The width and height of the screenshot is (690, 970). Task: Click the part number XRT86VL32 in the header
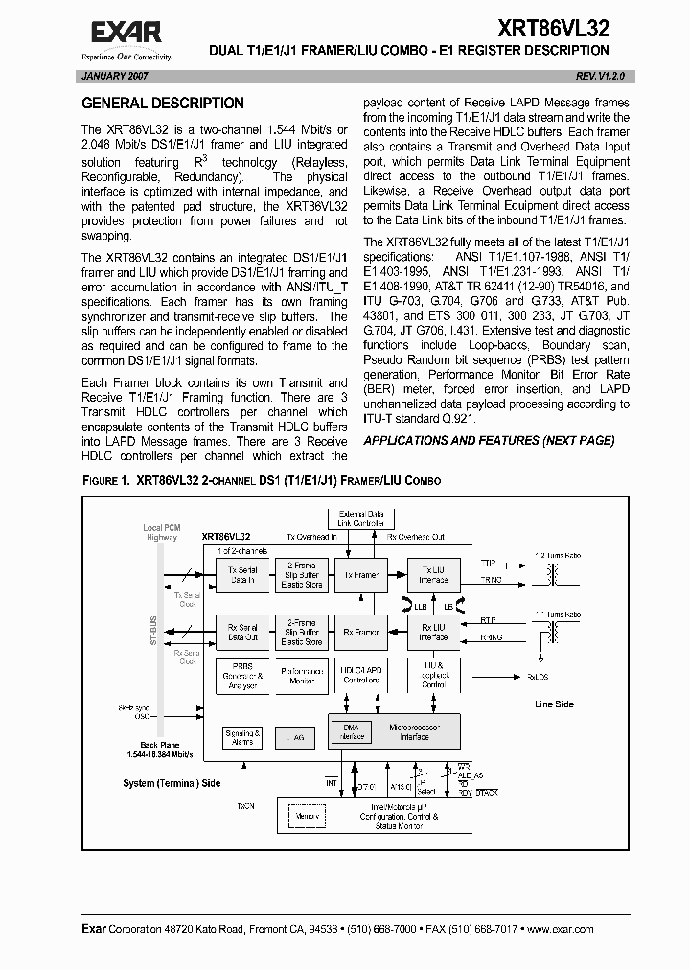pyautogui.click(x=552, y=27)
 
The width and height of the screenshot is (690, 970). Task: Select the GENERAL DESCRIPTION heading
pyautogui.click(x=162, y=104)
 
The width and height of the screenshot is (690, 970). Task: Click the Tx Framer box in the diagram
pyautogui.click(x=356, y=575)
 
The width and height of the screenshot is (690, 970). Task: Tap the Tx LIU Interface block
pyautogui.click(x=433, y=575)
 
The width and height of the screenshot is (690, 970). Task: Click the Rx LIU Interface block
pyautogui.click(x=433, y=632)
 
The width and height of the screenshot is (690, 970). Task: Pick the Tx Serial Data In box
pyautogui.click(x=241, y=575)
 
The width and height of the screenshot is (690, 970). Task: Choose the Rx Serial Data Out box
pyautogui.click(x=241, y=632)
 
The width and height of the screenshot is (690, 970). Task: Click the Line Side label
pyautogui.click(x=553, y=704)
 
